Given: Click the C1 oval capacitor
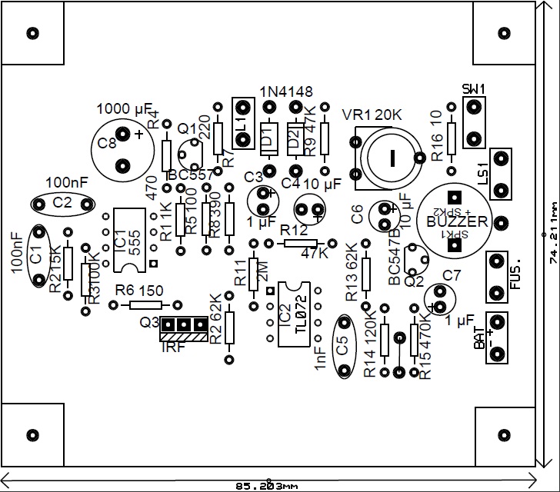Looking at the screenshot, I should [36, 257].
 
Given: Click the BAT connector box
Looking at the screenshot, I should [498, 337].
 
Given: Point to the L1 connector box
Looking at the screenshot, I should [243, 123].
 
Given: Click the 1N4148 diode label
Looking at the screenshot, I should [286, 92].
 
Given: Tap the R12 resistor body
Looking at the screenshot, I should [300, 243].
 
